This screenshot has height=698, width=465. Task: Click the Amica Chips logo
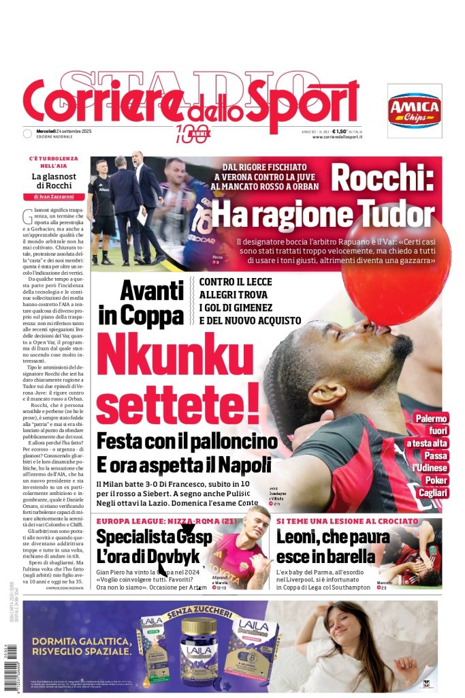pos(415,107)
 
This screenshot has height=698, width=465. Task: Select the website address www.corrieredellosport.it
pos(337,138)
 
